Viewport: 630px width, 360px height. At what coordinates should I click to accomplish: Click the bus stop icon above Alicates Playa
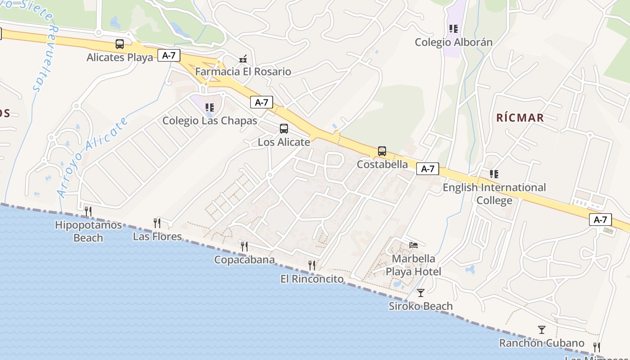point(120,44)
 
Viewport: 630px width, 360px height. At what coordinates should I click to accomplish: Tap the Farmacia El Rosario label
point(243,72)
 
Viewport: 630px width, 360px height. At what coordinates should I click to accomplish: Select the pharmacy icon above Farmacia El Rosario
point(243,58)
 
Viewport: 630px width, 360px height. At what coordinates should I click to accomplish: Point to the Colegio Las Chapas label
point(210,121)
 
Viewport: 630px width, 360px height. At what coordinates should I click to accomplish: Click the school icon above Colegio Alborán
point(454,29)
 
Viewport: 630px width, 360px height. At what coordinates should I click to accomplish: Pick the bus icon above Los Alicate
point(284,129)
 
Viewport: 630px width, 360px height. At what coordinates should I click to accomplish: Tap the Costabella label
point(382,164)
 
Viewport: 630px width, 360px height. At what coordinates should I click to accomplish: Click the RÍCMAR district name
point(520,118)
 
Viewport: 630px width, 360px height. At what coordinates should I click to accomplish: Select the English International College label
point(494,193)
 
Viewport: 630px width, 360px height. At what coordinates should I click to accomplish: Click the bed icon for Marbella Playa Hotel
point(414,245)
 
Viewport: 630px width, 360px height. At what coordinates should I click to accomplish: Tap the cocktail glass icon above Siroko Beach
point(421,293)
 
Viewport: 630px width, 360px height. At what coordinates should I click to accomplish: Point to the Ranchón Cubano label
point(542,343)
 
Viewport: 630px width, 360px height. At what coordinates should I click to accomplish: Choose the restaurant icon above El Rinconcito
point(312,265)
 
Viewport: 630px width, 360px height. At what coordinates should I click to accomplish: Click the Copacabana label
point(244,260)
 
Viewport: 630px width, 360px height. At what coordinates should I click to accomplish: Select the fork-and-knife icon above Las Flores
point(157,223)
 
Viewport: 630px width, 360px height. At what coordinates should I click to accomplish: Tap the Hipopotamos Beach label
point(88,231)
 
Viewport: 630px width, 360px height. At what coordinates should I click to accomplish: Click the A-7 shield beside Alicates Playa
point(169,55)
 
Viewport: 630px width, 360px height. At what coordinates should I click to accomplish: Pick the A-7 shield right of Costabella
point(427,169)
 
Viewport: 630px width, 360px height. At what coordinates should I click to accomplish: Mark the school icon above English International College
point(494,174)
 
